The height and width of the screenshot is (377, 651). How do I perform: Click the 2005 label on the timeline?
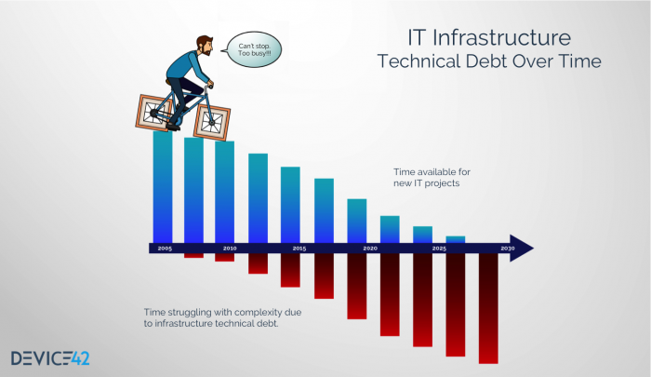pos(165,249)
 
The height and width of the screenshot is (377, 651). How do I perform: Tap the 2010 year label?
pos(230,249)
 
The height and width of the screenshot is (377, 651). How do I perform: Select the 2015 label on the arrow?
pos(299,249)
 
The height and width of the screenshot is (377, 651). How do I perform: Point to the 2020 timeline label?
pos(370,249)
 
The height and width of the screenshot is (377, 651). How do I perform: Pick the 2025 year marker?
pos(439,249)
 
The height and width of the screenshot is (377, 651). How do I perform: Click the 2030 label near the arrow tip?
pos(508,249)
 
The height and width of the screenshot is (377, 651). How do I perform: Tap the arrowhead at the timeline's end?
pos(524,249)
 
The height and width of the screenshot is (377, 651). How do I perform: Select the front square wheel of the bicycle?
pos(211,120)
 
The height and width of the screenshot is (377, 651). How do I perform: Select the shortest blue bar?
pos(456,239)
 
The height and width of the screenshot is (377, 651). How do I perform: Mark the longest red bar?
pos(488,307)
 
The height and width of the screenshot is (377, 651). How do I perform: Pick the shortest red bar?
pos(193,255)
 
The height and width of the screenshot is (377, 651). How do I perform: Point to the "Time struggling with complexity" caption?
pos(223,316)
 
